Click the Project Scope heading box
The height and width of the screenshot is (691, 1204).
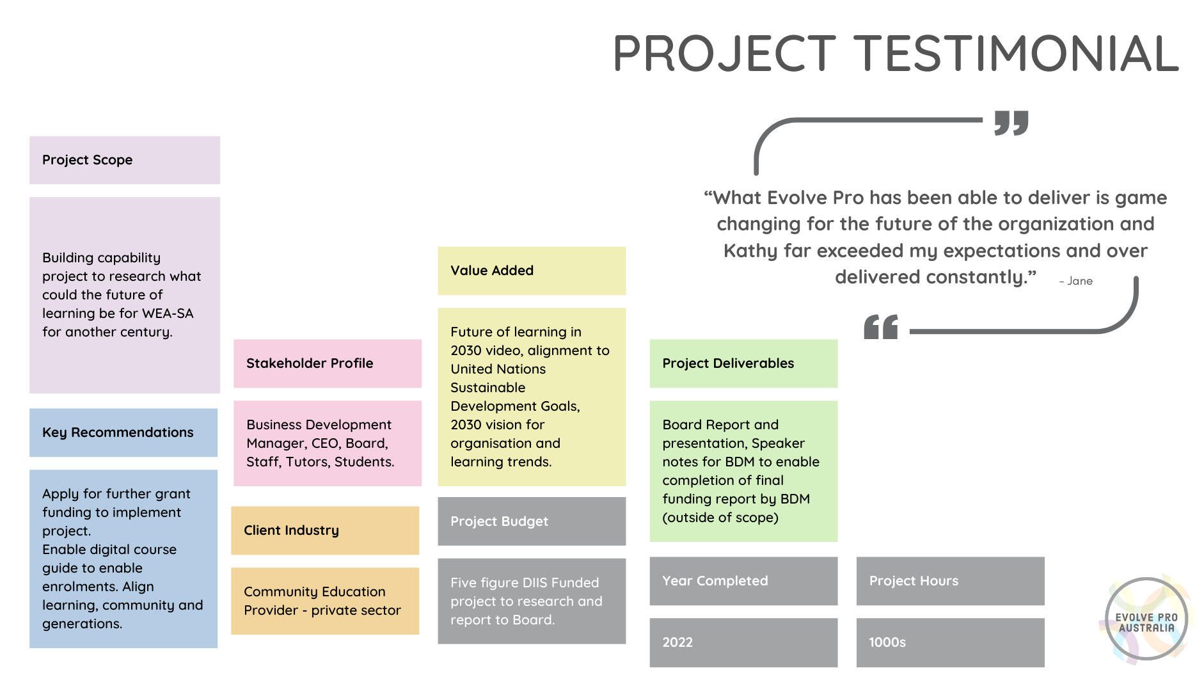[125, 160]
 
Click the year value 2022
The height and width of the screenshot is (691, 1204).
[677, 642]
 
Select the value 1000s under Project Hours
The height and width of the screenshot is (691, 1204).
[887, 642]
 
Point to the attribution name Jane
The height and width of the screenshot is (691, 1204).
[1080, 281]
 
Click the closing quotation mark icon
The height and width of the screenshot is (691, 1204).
[1011, 123]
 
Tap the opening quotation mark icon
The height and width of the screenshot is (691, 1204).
[881, 327]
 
